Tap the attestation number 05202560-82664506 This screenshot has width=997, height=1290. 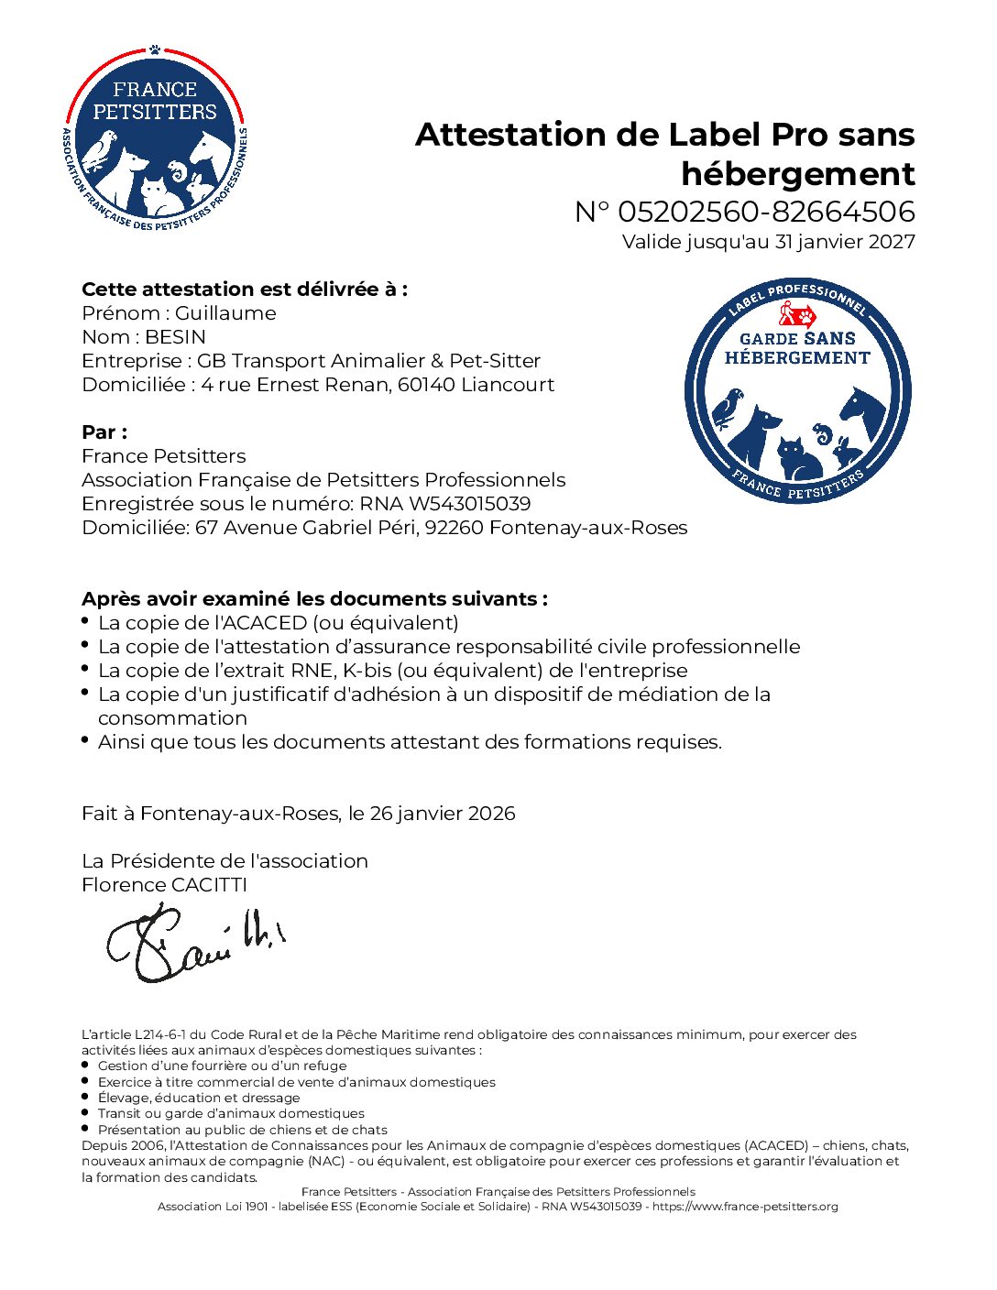coord(766,212)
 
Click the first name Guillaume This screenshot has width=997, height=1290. coord(225,313)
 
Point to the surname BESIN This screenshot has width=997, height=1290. coord(175,337)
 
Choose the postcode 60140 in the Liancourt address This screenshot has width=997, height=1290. coord(426,385)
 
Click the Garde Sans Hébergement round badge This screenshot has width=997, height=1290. coord(797,391)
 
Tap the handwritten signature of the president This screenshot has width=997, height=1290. coord(195,942)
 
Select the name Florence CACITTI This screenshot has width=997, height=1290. coord(164,885)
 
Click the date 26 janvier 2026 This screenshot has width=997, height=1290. coord(443,814)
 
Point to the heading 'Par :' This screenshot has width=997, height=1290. coord(104,432)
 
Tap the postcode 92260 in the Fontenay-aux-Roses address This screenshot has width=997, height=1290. coord(454,528)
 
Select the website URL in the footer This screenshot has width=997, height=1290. coord(745,1207)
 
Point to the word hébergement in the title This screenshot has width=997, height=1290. coord(797,173)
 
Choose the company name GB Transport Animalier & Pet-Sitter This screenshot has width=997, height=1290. coord(368,361)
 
